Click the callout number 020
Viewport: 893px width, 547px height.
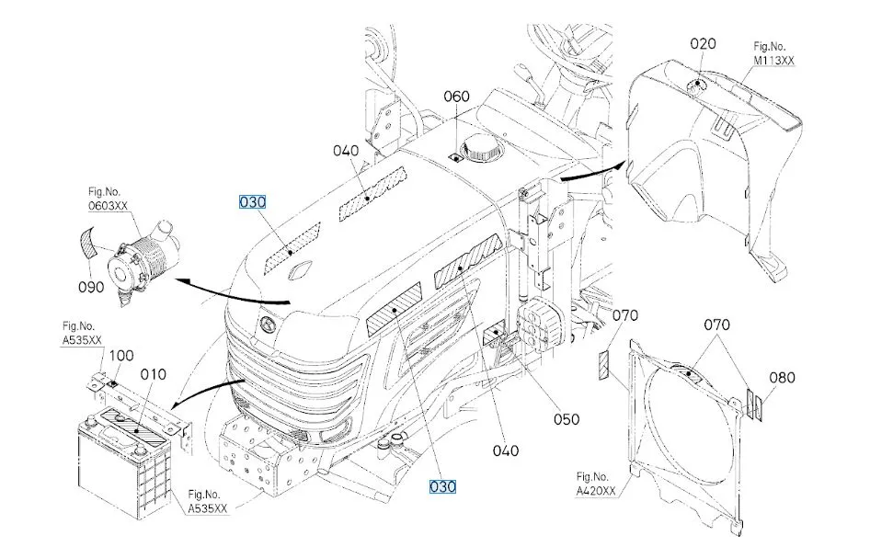703,44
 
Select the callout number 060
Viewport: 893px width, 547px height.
457,97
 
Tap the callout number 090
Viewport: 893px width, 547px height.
91,287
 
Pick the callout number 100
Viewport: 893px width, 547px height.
120,356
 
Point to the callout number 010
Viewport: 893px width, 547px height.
154,374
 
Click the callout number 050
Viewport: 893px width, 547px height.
567,419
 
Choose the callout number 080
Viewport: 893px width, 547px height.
782,377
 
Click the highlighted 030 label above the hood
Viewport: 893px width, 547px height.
252,202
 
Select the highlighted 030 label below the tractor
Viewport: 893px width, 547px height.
442,486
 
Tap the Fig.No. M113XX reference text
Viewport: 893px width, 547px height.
773,53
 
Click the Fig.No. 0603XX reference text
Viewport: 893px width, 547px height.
108,199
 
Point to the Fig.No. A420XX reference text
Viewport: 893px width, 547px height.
596,484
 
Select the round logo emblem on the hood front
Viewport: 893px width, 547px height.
267,325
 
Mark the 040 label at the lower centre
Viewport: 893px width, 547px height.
506,450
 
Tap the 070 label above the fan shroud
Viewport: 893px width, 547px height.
717,325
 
